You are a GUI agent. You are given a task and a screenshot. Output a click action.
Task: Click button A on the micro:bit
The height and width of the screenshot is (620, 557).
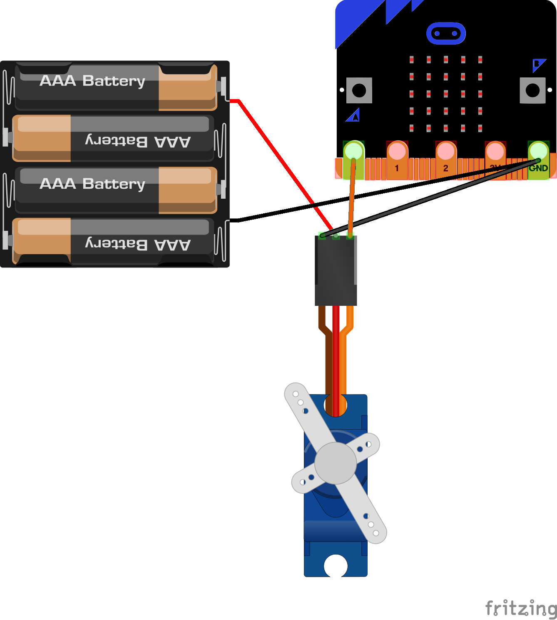[359, 90]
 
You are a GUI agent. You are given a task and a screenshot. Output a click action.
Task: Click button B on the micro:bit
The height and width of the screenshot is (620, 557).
[532, 90]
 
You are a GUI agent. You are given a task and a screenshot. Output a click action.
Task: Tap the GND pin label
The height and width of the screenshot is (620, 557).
[538, 168]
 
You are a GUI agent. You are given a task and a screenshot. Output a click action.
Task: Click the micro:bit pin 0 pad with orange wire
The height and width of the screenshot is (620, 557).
[353, 152]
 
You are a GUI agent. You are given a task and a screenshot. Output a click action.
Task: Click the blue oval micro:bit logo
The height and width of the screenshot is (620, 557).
[446, 33]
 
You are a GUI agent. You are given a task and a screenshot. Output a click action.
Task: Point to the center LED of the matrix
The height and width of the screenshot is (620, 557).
[446, 94]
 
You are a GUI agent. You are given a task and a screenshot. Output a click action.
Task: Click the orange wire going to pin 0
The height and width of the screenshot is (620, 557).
[352, 196]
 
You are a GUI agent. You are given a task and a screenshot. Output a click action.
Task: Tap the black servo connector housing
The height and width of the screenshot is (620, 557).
[336, 271]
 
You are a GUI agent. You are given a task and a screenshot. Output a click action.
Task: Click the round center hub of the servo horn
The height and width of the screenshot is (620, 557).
[336, 463]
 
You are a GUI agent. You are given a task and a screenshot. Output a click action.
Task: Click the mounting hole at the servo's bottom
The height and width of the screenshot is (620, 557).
[336, 566]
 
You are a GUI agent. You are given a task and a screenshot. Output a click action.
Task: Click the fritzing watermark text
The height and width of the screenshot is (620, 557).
[520, 608]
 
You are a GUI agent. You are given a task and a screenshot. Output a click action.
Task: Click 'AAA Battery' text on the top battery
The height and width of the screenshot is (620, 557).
[92, 81]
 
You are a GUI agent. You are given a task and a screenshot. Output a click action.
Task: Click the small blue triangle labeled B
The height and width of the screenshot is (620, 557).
[538, 64]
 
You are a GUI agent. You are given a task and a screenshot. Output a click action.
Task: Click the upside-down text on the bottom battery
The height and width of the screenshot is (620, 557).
[137, 244]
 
